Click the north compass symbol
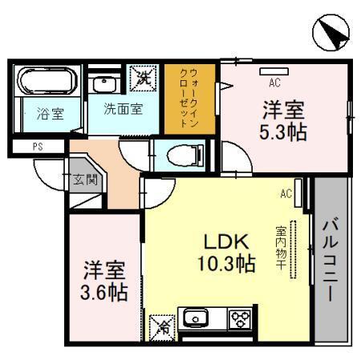click(x=331, y=32)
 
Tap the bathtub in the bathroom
click(x=47, y=80)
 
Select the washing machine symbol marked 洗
click(x=143, y=78)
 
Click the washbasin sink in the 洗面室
click(x=104, y=84)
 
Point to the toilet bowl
click(x=185, y=156)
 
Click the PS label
click(x=38, y=147)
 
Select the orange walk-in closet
click(x=189, y=99)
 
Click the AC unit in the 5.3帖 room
click(x=274, y=71)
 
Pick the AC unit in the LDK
click(x=298, y=193)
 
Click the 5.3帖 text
click(x=283, y=132)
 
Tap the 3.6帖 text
click(x=104, y=292)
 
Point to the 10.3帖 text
click(x=226, y=263)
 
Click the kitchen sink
click(x=196, y=318)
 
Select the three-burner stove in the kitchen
click(x=240, y=318)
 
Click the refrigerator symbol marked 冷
click(x=162, y=328)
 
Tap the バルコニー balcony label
click(x=331, y=259)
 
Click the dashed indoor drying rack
click(x=294, y=249)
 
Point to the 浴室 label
click(x=51, y=114)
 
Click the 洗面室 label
click(x=124, y=109)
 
